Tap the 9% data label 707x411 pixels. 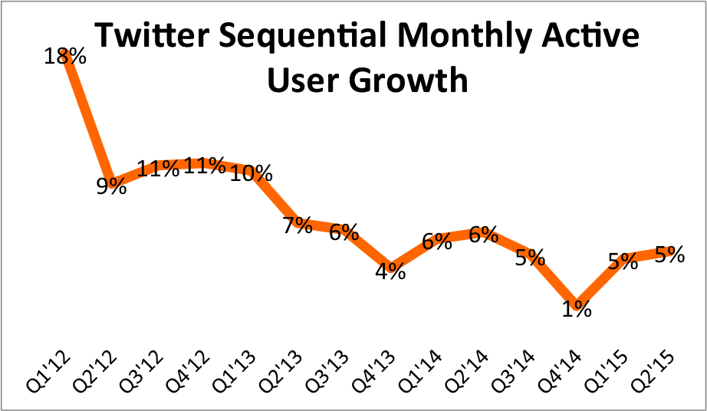pyautogui.click(x=111, y=186)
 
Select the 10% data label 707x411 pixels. pyautogui.click(x=252, y=174)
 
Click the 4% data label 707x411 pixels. pyautogui.click(x=390, y=271)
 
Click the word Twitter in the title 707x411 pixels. pyautogui.click(x=146, y=37)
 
